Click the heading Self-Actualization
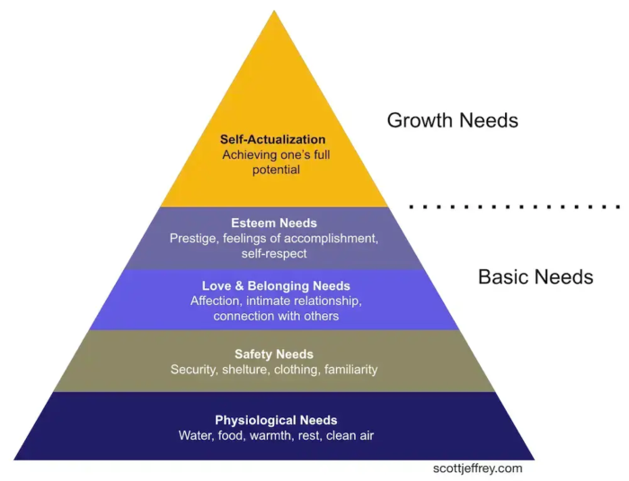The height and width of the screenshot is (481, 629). click(273, 140)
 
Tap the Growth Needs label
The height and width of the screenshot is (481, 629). click(452, 119)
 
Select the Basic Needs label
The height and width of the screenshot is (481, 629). click(535, 276)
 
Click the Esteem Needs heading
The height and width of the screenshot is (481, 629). click(274, 223)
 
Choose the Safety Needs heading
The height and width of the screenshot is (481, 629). click(274, 354)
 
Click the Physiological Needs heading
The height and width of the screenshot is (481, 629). click(276, 420)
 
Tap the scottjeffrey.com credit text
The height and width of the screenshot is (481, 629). click(477, 468)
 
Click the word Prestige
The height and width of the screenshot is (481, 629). click(194, 239)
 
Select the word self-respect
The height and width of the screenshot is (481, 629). click(274, 254)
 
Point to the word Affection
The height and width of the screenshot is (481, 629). click(216, 302)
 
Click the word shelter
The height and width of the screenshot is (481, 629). click(245, 370)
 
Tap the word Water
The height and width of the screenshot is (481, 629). click(196, 435)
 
